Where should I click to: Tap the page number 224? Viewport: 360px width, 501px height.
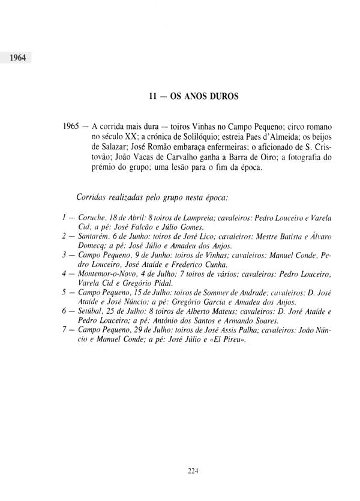click(x=192, y=471)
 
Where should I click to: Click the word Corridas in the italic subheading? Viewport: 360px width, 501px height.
click(x=92, y=197)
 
